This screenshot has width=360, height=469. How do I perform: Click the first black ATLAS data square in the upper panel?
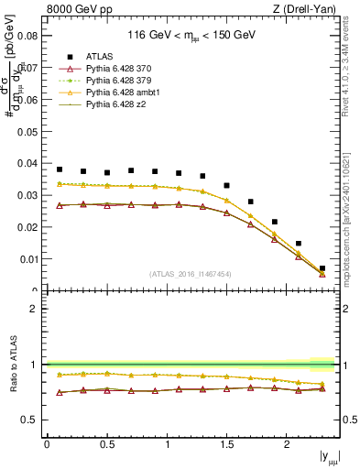[60, 169]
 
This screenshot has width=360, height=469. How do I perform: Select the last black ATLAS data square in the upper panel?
[322, 268]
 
